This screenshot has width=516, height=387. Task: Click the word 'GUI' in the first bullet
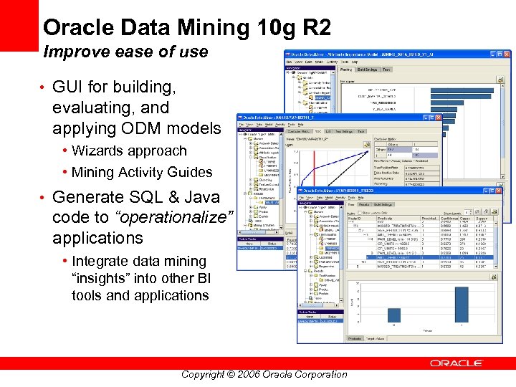(x=70, y=87)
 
